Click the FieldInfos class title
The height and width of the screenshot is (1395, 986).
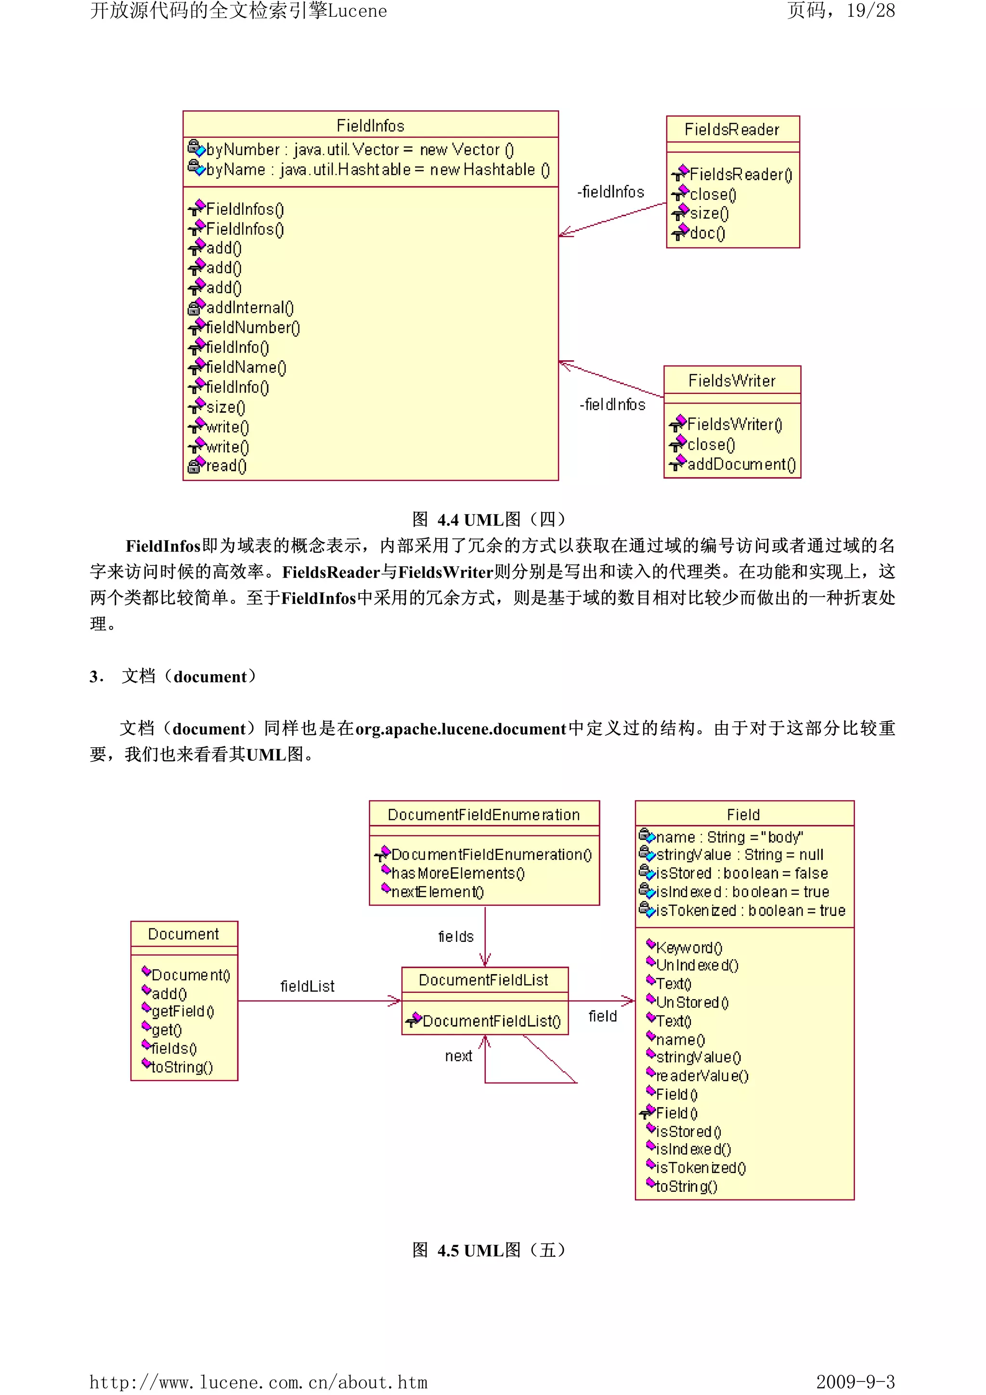pos(370,126)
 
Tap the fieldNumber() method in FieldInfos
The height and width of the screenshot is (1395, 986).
pos(253,327)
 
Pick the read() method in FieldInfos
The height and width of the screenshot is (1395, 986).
pos(226,466)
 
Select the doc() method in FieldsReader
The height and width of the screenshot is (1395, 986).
pos(707,234)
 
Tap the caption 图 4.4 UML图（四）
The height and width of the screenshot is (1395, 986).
pos(490,520)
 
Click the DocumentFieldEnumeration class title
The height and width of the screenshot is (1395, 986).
pos(483,815)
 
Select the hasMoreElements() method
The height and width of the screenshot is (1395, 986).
pos(457,873)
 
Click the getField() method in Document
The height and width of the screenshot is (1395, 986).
pos(182,1011)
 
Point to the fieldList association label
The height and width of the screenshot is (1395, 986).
pos(308,986)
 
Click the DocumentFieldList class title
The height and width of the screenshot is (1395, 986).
pos(483,980)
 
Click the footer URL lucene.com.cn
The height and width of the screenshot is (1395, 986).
pos(258,1382)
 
